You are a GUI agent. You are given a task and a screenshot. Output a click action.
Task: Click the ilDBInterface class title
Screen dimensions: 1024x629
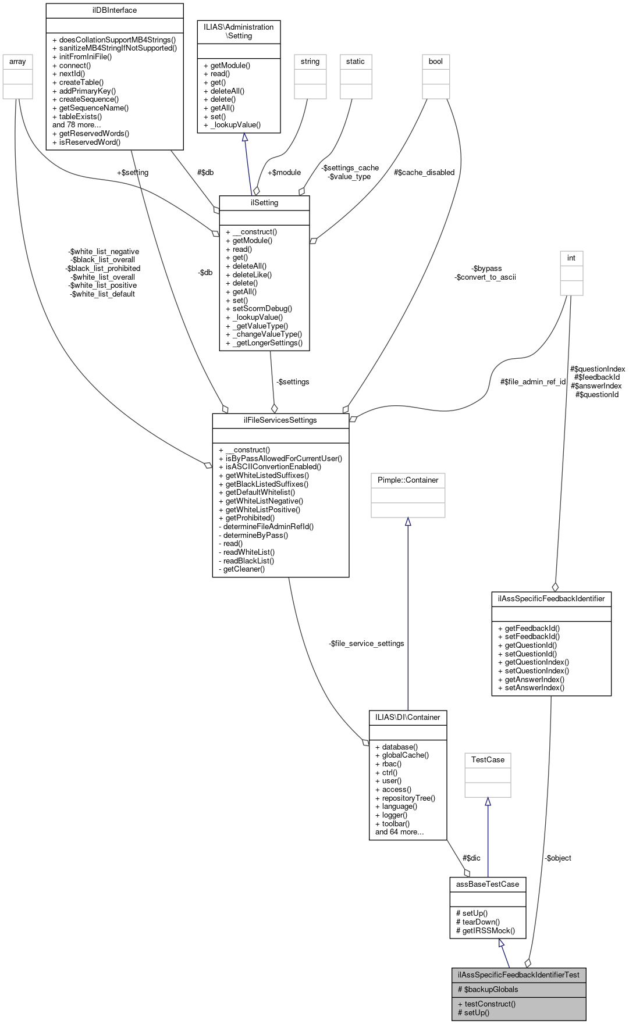(x=114, y=10)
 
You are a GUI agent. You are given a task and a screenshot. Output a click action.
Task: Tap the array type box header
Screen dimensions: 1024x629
(x=17, y=62)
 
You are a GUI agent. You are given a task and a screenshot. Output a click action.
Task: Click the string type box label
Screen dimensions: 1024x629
(x=310, y=62)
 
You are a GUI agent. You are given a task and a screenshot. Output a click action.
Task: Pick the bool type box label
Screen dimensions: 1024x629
(x=436, y=62)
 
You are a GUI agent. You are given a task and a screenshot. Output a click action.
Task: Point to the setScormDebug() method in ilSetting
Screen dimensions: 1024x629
(x=258, y=309)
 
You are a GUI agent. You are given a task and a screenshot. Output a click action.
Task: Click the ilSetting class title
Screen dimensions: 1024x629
(x=264, y=203)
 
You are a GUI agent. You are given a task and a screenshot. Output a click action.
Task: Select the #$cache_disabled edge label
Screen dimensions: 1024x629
(x=424, y=173)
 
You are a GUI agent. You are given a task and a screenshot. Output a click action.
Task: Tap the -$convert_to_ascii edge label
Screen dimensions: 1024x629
(x=485, y=277)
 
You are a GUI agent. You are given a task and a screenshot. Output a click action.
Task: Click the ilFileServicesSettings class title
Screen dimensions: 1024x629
(x=280, y=420)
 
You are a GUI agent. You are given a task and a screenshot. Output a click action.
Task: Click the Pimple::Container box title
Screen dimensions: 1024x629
(x=408, y=480)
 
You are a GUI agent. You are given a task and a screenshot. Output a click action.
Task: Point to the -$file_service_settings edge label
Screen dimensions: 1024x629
(x=367, y=644)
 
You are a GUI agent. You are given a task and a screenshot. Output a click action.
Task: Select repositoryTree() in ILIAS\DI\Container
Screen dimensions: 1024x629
(x=405, y=798)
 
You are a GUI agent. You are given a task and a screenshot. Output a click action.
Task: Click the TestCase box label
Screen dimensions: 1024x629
(x=488, y=760)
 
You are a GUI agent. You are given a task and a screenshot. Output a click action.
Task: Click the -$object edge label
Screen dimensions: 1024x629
(x=558, y=858)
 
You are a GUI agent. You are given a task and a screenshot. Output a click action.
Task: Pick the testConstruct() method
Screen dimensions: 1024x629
(x=486, y=1004)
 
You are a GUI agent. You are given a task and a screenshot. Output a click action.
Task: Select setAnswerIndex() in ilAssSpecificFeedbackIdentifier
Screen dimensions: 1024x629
(x=531, y=688)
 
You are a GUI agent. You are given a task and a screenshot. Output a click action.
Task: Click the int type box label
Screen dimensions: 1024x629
(x=571, y=258)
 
